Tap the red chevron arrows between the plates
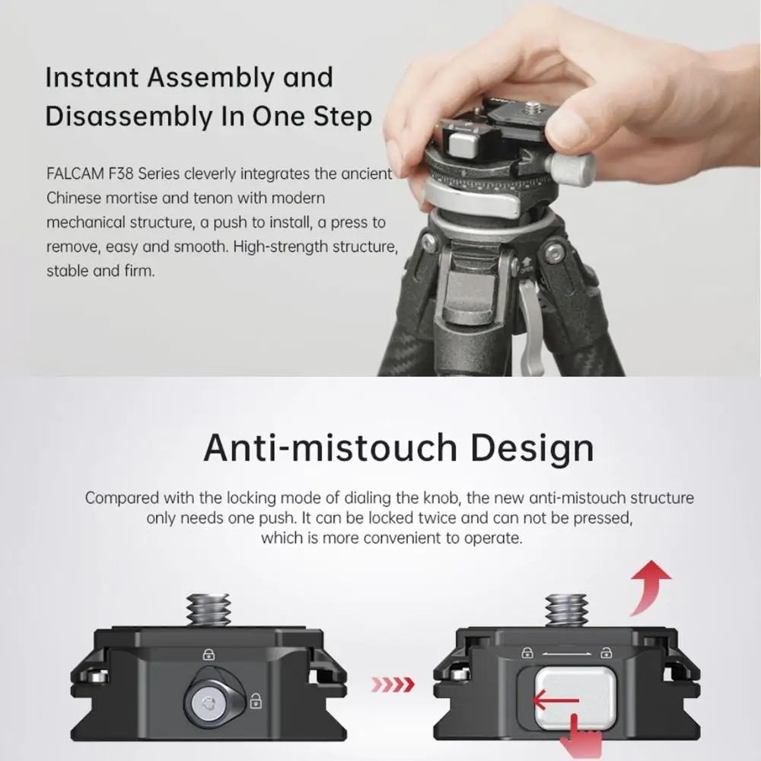click(392, 685)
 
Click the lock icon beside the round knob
click(256, 701)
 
